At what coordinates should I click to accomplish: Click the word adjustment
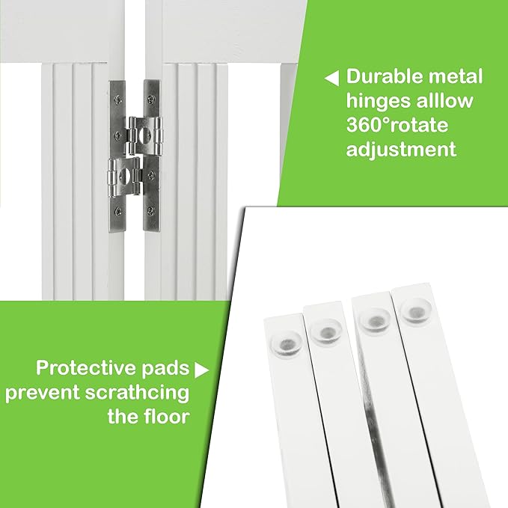pos(401,149)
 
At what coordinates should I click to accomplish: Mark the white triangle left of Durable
pos(331,78)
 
